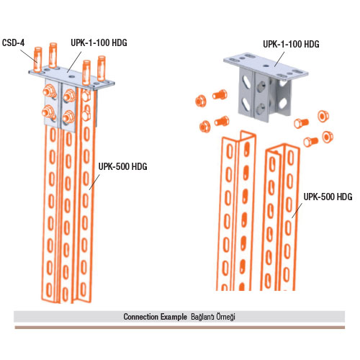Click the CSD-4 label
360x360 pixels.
coord(14,42)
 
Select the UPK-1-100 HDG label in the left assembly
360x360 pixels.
coord(99,42)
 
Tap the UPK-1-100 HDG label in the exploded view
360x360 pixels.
coord(291,44)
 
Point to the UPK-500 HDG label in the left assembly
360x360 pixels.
coord(123,166)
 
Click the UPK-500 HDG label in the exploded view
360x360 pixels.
coord(328,197)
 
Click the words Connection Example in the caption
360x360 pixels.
coord(155,317)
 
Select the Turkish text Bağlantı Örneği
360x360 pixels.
coord(213,317)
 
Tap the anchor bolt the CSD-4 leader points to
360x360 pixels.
coord(38,60)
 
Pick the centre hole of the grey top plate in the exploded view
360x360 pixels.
coord(266,66)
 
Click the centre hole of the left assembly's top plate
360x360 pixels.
coord(71,77)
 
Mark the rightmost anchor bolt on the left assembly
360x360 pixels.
coord(102,68)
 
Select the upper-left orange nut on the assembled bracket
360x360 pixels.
coord(48,91)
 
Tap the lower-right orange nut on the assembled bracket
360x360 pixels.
coord(69,117)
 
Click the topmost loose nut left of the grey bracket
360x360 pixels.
coord(201,101)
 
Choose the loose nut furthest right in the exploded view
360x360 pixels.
coord(328,137)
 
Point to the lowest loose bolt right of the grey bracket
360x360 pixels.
coord(311,141)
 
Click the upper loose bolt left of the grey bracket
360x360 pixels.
coord(220,94)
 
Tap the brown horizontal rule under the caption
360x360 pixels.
coord(180,328)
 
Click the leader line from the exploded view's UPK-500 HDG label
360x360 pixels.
coord(297,210)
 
